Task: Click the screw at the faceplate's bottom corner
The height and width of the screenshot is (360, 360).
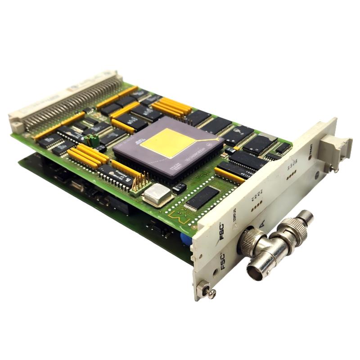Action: click(209, 292)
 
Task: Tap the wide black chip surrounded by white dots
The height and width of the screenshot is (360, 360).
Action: click(202, 198)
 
